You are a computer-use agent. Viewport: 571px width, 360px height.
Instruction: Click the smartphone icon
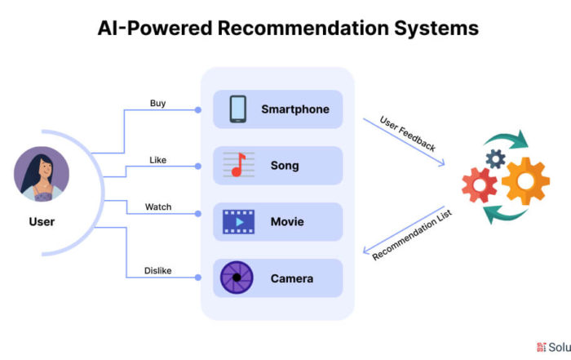[238, 109]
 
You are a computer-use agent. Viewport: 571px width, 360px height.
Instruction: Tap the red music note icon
[238, 165]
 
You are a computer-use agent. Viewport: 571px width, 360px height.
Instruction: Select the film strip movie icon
[238, 221]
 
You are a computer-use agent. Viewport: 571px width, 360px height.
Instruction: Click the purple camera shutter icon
[237, 278]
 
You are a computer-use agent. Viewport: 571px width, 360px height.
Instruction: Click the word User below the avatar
[42, 221]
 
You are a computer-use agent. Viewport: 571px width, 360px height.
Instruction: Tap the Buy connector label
[157, 104]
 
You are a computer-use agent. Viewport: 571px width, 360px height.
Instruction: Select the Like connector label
[157, 160]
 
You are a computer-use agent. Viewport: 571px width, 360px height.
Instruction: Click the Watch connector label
[158, 207]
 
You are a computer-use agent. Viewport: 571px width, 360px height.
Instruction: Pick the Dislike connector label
[157, 271]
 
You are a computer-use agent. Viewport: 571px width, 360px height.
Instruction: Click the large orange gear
[525, 181]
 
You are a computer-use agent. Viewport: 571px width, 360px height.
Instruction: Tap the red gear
[480, 185]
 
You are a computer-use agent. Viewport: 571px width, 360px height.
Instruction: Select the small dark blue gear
[495, 158]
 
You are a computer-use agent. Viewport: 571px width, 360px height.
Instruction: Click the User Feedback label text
[408, 134]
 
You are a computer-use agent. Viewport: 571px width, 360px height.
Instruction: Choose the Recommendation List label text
[412, 235]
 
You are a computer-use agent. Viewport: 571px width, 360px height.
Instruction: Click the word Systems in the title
[436, 29]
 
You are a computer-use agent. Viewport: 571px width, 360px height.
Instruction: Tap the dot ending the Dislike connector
[197, 278]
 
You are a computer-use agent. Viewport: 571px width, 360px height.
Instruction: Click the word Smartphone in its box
[295, 109]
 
